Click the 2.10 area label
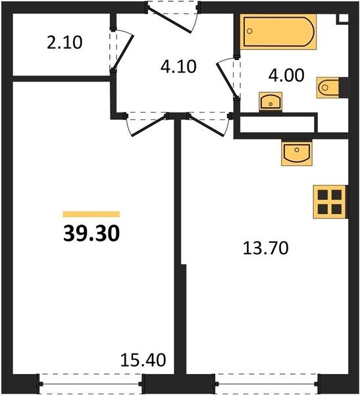[x=64, y=43]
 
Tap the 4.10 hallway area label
[x=178, y=66]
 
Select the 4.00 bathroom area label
[x=286, y=76]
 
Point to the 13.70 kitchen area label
[x=266, y=248]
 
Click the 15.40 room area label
[x=143, y=360]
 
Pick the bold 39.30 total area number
[x=91, y=234]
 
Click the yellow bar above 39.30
[x=91, y=214]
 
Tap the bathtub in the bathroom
[x=278, y=32]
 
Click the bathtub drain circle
[x=249, y=31]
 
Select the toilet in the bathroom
[x=328, y=88]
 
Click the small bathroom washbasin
[x=270, y=102]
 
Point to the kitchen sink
[x=297, y=153]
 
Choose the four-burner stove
[x=330, y=201]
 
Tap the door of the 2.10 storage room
[x=122, y=51]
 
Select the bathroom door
[x=228, y=78]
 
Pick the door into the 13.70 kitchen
[x=209, y=124]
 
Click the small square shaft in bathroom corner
[x=343, y=18]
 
